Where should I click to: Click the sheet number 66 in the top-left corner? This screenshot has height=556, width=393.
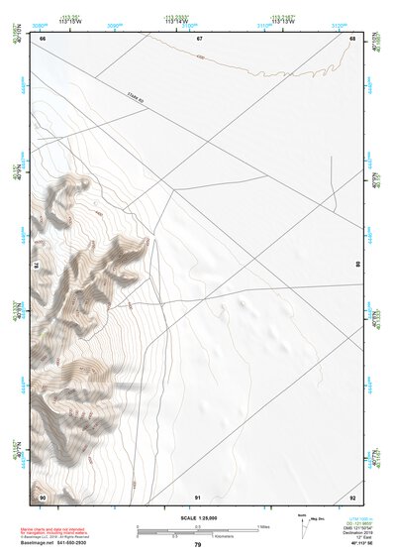pos(43,38)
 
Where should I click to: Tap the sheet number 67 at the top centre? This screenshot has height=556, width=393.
pos(198,38)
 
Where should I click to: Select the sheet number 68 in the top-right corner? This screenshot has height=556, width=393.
pos(352,38)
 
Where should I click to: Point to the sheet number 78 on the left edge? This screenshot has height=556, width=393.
pos(35,266)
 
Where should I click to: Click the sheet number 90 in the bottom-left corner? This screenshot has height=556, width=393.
pos(43,496)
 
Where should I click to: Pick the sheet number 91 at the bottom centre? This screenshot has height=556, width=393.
pos(198,496)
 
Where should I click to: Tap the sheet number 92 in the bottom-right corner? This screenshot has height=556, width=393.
pos(352,496)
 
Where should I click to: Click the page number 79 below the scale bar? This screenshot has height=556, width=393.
pos(198,545)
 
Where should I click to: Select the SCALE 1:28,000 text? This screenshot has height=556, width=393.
pos(198,517)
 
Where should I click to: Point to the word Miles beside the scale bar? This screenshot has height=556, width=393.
pos(264,525)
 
